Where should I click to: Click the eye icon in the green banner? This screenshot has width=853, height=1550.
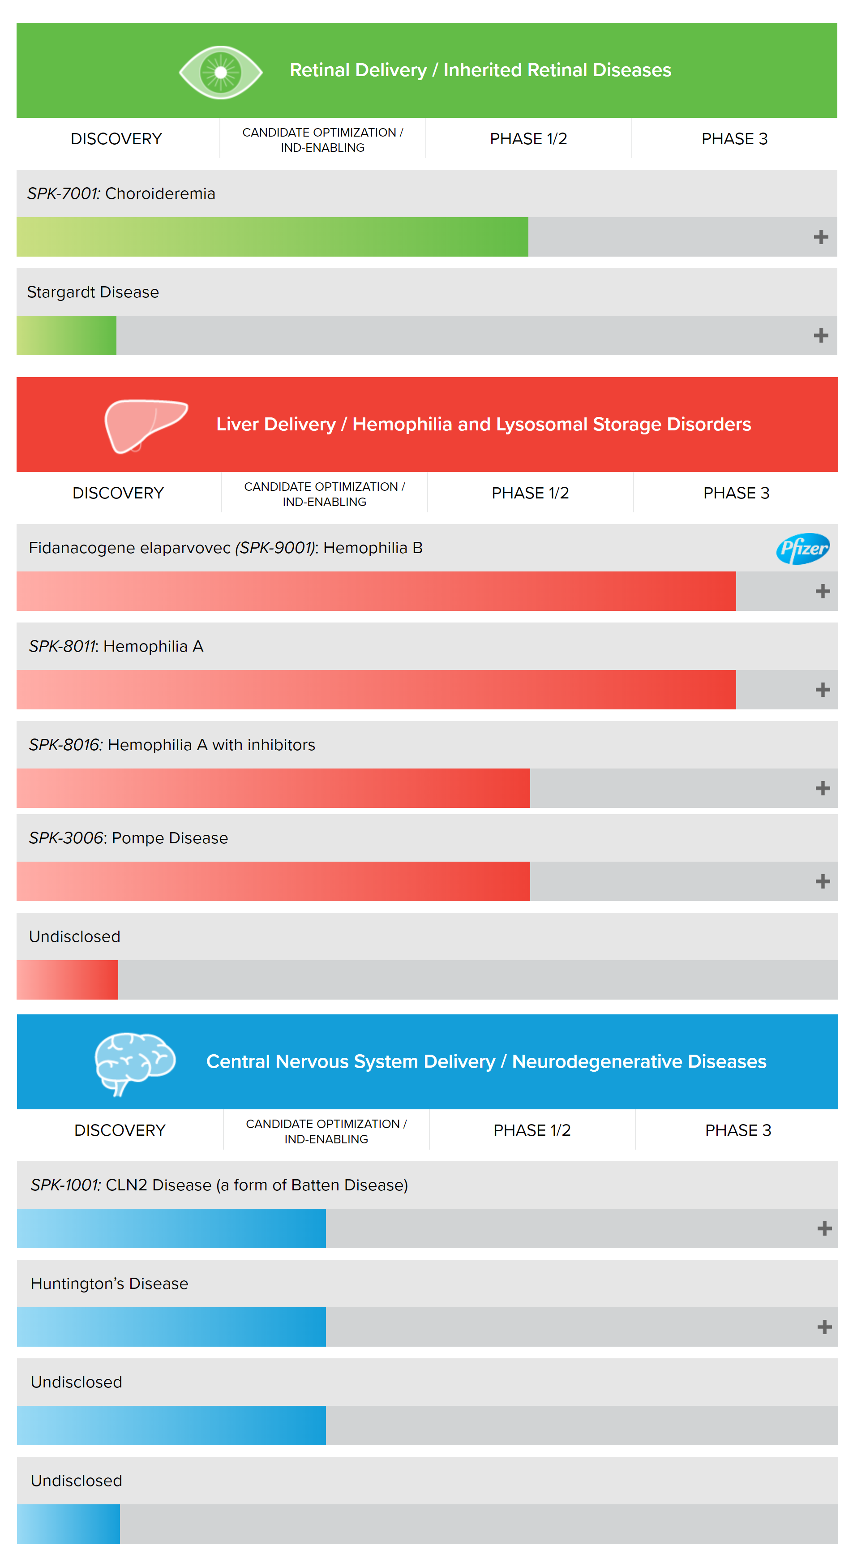pyautogui.click(x=221, y=72)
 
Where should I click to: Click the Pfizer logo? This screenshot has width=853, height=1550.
pyautogui.click(x=802, y=548)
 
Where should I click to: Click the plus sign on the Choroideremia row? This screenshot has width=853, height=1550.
pyautogui.click(x=820, y=237)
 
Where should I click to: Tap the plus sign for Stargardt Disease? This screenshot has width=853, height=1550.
pyautogui.click(x=820, y=336)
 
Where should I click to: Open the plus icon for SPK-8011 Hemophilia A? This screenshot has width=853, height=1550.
pyautogui.click(x=822, y=690)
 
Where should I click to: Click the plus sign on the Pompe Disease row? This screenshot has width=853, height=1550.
pyautogui.click(x=822, y=881)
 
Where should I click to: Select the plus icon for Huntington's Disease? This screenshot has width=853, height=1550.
pyautogui.click(x=824, y=1327)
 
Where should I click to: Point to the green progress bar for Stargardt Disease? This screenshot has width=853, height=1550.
pyautogui.click(x=66, y=336)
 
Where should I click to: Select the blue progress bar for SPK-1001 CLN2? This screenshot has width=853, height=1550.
pyautogui.click(x=171, y=1228)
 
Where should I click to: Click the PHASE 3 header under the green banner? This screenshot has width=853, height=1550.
pyautogui.click(x=734, y=139)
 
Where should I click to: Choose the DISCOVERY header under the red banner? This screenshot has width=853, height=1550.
pyautogui.click(x=118, y=494)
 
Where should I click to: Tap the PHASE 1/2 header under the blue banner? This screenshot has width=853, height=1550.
pyautogui.click(x=532, y=1131)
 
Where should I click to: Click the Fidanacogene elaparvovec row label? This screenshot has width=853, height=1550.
pyautogui.click(x=226, y=548)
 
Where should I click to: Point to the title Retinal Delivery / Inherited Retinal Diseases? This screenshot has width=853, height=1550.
pyautogui.click(x=480, y=70)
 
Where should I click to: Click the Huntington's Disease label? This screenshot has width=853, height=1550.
pyautogui.click(x=110, y=1284)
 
